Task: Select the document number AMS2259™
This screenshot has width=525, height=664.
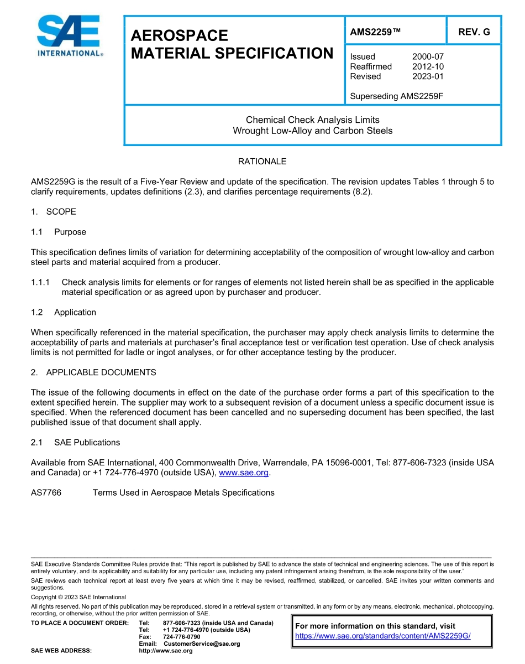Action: point(375,32)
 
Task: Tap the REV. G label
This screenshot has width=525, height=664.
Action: point(474,32)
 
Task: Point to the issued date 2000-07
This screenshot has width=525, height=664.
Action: point(428,56)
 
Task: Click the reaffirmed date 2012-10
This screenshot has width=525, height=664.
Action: point(428,66)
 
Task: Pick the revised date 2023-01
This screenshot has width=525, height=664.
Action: point(428,76)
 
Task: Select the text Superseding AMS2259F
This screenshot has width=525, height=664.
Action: point(397,96)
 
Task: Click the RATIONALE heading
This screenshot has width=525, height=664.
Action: point(262,162)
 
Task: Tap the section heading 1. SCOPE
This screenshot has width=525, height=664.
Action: point(54,212)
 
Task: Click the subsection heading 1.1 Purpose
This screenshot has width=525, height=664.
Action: point(59,232)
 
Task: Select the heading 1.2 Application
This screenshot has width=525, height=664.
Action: point(64,312)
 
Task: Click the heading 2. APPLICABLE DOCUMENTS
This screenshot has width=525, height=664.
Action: point(93,372)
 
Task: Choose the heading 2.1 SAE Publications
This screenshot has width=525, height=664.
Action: point(76,442)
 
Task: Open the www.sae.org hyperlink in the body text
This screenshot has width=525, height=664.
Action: point(244,473)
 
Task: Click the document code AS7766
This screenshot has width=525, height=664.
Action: point(46,492)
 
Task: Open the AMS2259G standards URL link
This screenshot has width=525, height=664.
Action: point(382,636)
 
